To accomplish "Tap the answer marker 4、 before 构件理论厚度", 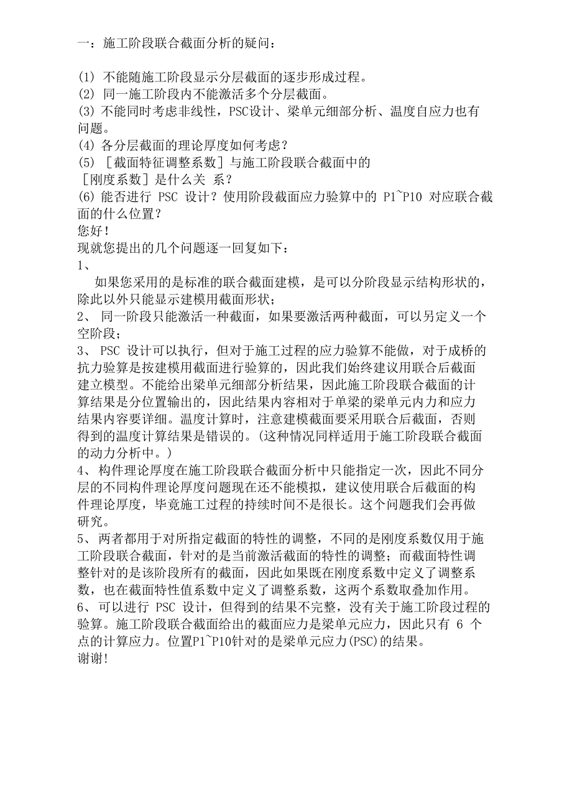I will click(85, 468).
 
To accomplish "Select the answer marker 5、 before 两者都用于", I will click(85, 536).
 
